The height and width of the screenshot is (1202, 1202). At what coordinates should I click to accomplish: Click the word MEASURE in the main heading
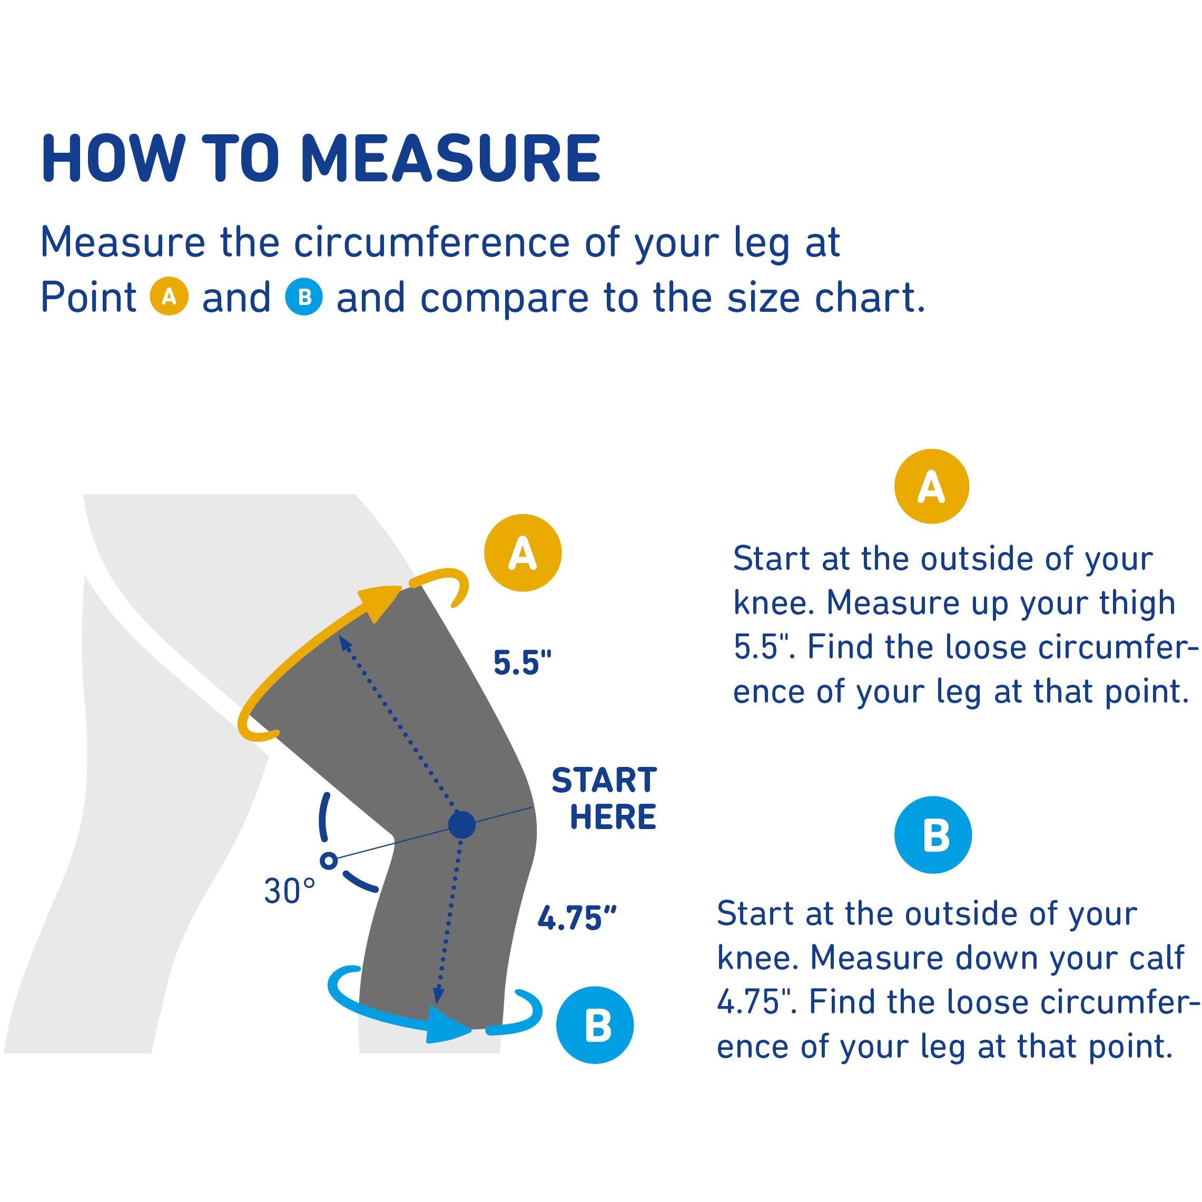coord(450,158)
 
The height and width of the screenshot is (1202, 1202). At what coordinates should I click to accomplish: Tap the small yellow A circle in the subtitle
coord(169,297)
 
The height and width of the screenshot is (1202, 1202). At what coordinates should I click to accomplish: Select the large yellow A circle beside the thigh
coord(523,553)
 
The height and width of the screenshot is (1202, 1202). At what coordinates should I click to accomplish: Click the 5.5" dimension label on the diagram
coord(523,663)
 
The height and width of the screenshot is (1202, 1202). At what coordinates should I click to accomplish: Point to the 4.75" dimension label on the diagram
coord(577,918)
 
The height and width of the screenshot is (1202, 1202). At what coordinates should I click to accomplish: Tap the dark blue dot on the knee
coord(461,825)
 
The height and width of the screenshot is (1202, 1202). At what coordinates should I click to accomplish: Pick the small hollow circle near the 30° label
coord(329,861)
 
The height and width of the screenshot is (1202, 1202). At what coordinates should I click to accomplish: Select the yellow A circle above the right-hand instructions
coord(931,486)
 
